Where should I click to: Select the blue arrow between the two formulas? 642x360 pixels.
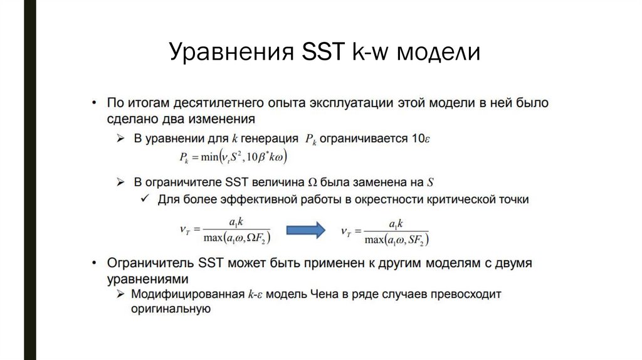coord(306,230)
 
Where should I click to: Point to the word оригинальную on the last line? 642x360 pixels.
coord(169,309)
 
